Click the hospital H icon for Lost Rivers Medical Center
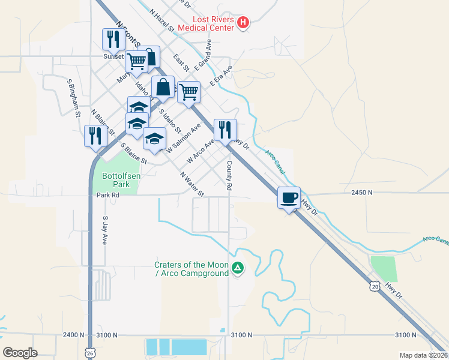pos(243,23)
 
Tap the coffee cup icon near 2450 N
pos(289,197)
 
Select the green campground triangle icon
pos(238,268)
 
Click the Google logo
pos(20,352)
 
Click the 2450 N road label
pos(362,193)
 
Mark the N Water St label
pos(193,184)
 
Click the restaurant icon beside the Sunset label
pos(112,39)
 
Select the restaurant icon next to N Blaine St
pos(95,136)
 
